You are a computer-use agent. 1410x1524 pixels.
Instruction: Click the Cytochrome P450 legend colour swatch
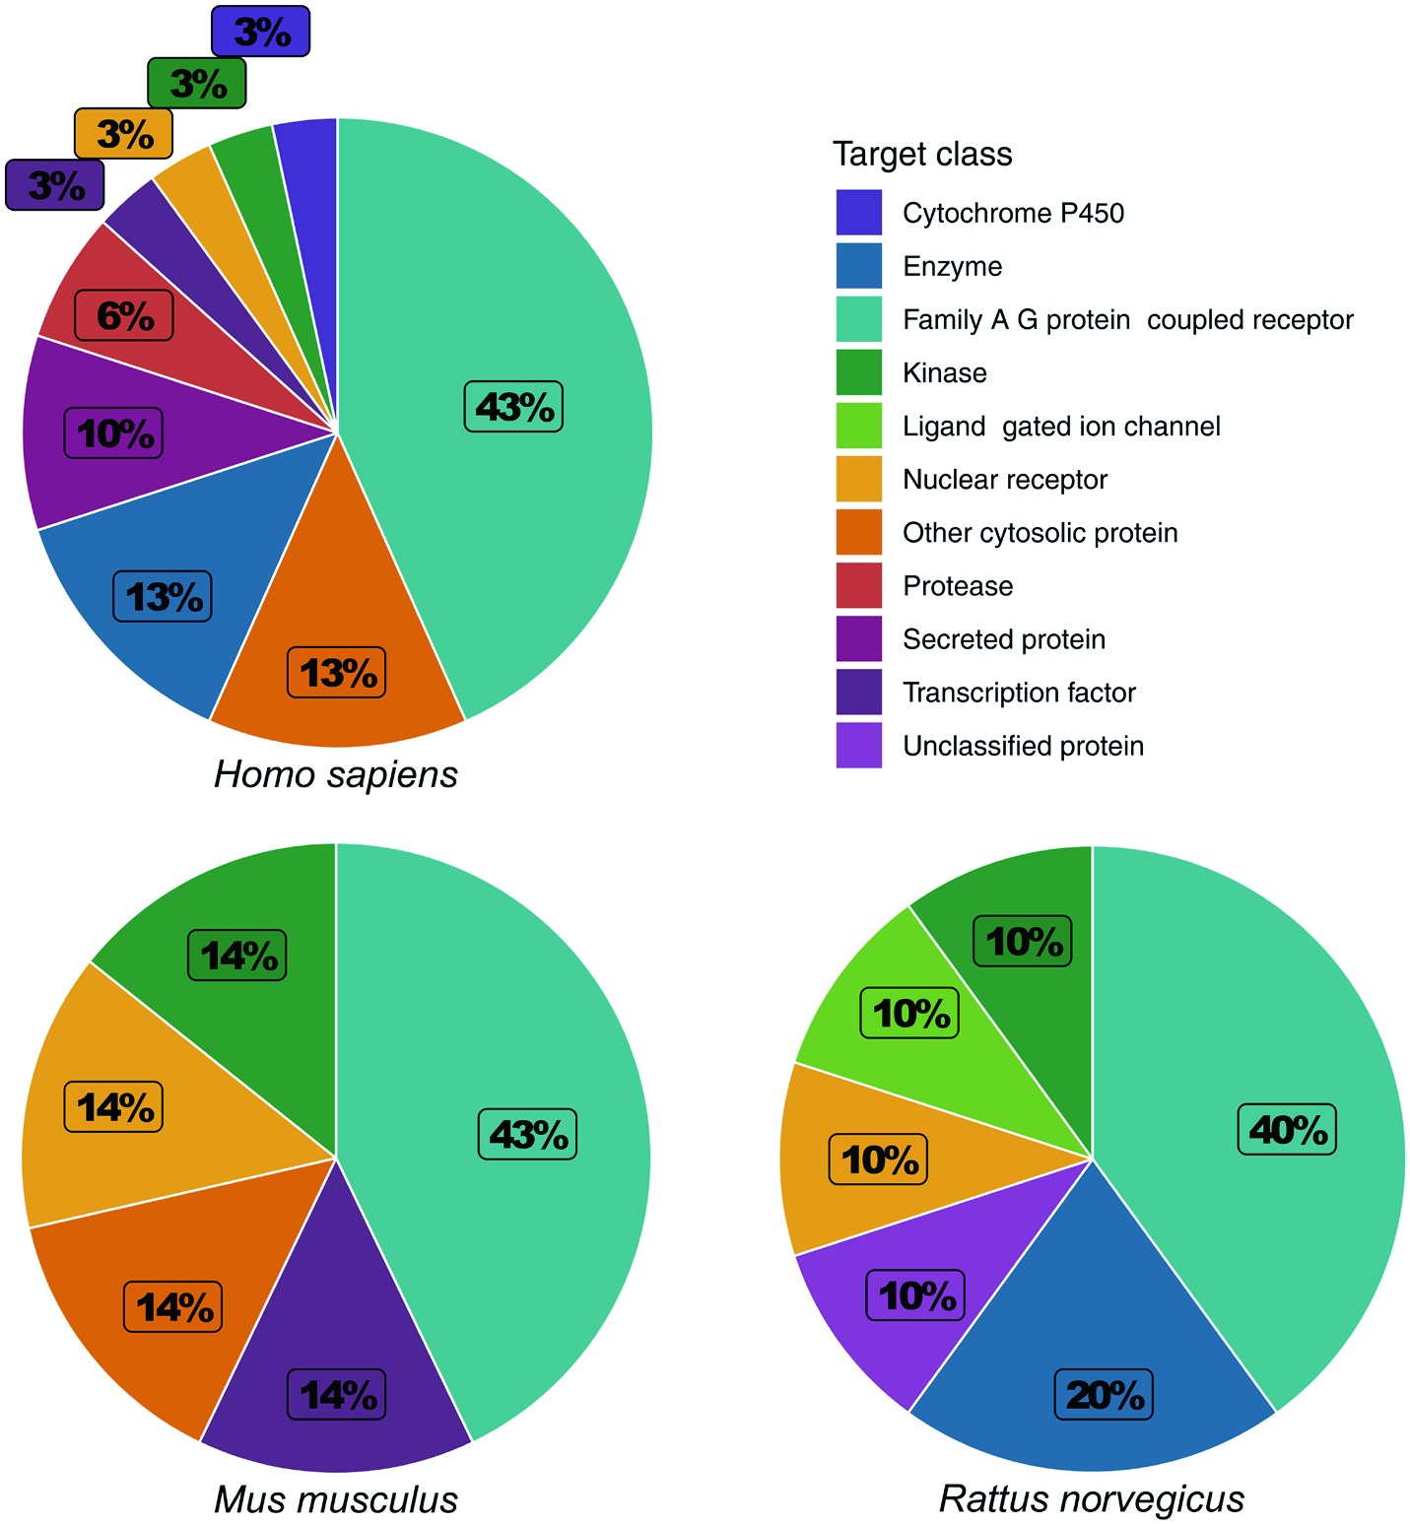[858, 213]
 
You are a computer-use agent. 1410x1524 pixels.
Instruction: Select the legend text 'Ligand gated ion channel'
[1061, 427]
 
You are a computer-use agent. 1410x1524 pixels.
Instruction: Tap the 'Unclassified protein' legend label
[1023, 746]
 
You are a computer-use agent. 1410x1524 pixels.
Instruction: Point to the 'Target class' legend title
[922, 154]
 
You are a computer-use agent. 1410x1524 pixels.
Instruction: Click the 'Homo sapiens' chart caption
[336, 774]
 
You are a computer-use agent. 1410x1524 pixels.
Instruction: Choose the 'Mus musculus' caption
[336, 1499]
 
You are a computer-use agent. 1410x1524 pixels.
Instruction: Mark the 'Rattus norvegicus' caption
[1092, 1499]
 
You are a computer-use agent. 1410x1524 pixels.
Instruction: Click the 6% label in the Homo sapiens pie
[124, 316]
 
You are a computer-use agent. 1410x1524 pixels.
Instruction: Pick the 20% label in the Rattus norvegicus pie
[1105, 1395]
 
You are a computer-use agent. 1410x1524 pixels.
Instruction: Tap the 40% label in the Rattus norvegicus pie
[1287, 1129]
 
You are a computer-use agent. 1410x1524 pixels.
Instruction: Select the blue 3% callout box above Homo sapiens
[261, 32]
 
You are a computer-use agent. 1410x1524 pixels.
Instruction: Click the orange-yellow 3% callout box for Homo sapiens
[124, 133]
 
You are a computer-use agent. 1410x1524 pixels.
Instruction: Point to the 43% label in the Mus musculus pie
[528, 1134]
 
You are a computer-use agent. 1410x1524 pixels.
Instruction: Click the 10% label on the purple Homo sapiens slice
[113, 433]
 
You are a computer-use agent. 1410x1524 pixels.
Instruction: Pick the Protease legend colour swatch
[858, 585]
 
